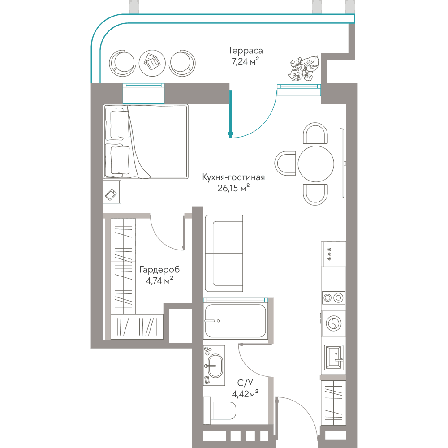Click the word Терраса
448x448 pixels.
tap(245, 51)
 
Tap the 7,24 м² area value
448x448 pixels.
tap(246, 61)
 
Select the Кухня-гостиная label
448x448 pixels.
tap(233, 177)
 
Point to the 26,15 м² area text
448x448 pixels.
tap(233, 188)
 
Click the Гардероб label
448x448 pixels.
tap(159, 270)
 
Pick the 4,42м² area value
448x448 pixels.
tap(245, 394)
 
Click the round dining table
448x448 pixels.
tap(316, 164)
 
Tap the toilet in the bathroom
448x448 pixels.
tap(220, 410)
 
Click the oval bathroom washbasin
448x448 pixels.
tap(215, 366)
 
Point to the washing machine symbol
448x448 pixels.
tap(333, 324)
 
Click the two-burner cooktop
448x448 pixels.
tap(333, 298)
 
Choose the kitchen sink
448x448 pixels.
tap(333, 357)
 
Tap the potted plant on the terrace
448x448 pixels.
tap(304, 69)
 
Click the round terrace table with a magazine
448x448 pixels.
tap(152, 63)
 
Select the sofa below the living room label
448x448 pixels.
tap(224, 254)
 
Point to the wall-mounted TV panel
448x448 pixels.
tap(342, 163)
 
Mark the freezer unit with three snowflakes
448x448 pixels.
tap(333, 254)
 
